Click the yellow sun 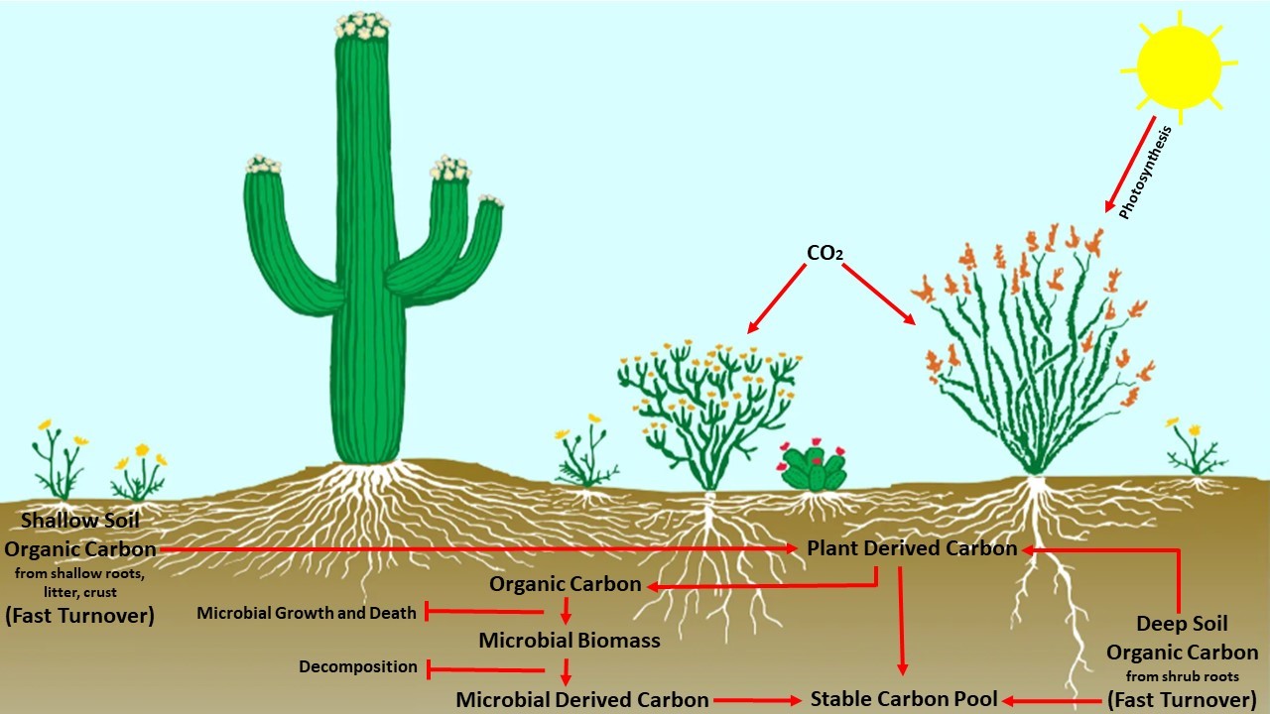[x=1179, y=66]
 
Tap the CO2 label [x=825, y=253]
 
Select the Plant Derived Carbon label [x=911, y=548]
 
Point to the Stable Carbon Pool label [x=904, y=698]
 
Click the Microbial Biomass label [x=569, y=641]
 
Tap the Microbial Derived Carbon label [x=582, y=699]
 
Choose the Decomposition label [x=358, y=667]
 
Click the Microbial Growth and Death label [x=307, y=613]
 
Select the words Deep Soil [x=1182, y=624]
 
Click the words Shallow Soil [x=80, y=520]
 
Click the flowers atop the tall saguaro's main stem [x=361, y=27]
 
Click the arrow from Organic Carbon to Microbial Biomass [x=566, y=610]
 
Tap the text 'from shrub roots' [x=1182, y=677]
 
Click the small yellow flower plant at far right [x=1196, y=451]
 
